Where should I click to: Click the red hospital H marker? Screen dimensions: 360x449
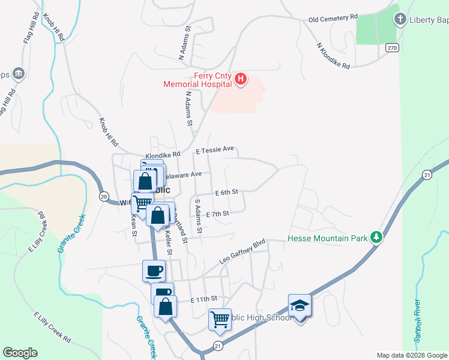tap(241, 79)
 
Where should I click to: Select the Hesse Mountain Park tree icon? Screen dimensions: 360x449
tap(376, 238)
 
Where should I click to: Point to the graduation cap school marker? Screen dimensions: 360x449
tap(300, 307)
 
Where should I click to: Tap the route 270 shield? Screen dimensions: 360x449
tap(392, 47)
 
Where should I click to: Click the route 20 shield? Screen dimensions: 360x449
tap(103, 196)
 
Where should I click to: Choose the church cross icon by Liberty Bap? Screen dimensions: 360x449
tap(400, 20)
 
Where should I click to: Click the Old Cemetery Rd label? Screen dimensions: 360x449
tap(333, 19)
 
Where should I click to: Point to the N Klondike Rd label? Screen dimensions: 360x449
tap(333, 56)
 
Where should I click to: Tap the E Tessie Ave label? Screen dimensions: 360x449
tap(214, 150)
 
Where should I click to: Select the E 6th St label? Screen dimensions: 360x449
tap(227, 193)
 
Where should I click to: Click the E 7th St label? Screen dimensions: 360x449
tap(218, 214)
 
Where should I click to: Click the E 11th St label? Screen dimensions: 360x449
tap(203, 299)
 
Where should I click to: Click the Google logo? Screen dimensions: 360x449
tap(20, 353)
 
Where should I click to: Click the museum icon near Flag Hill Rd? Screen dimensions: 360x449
tap(18, 73)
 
